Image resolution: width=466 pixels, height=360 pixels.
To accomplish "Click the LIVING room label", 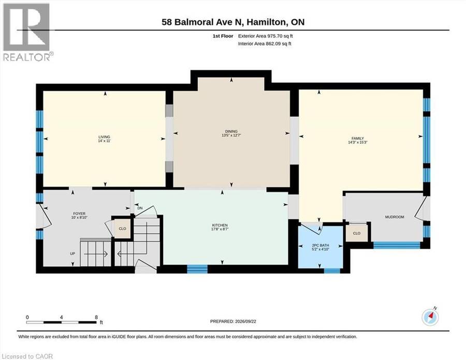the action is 104,137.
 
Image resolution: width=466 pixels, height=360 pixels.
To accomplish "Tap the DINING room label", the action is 231,131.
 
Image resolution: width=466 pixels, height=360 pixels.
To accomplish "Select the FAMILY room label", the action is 358,138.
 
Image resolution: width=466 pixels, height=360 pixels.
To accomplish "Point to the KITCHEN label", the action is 220,226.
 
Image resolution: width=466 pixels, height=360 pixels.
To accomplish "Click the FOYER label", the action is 79,214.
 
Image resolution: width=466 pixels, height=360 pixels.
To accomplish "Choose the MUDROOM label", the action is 395,217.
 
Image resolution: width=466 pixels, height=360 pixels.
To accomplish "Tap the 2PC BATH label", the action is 321,246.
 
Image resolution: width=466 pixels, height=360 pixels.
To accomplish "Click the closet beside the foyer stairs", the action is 122,229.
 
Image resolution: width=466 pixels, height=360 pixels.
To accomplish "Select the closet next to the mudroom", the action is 357,233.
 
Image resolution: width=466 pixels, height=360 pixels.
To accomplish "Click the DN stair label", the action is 140,208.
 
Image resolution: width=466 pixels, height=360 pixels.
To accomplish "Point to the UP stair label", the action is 72,254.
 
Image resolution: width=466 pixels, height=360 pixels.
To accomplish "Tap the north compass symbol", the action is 430,318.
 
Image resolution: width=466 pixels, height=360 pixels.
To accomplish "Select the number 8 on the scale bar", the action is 96,317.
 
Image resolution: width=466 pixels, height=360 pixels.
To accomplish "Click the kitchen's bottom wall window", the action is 197,269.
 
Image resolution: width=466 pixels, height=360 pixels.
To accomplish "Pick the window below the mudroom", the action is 397,245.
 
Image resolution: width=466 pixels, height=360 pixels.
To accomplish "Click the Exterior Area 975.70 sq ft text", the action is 266,36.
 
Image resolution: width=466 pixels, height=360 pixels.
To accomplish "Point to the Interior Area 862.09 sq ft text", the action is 265,43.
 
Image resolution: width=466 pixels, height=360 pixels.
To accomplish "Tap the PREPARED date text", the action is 233,321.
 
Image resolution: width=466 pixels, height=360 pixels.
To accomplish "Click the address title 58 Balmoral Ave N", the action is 202,22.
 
